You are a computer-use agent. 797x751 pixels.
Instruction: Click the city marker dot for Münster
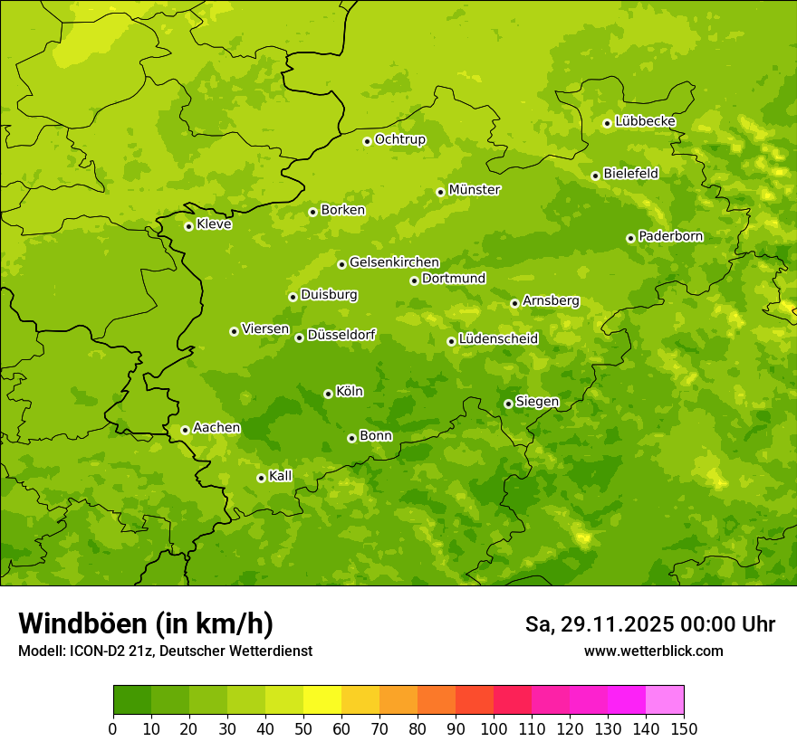pos(440,192)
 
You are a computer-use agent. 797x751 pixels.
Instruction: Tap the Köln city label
pos(350,392)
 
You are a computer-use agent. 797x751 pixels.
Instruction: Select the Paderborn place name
pos(671,236)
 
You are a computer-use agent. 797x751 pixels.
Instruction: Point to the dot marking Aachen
pos(185,430)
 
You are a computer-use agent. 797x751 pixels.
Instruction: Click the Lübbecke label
pos(646,121)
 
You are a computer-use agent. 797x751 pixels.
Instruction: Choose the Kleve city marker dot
pos(188,226)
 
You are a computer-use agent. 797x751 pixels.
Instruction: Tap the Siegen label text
pos(538,402)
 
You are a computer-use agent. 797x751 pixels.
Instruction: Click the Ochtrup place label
pos(400,139)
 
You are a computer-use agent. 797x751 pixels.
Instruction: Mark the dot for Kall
pos(261,478)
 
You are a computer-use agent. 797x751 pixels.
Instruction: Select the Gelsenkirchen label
pos(395,262)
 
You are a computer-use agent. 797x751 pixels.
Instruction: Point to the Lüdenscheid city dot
pos(451,341)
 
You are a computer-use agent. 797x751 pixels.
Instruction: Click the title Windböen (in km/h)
pos(146,623)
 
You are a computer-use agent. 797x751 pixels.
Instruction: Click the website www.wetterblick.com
pos(654,651)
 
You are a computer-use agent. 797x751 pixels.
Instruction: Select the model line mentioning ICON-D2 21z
pos(165,651)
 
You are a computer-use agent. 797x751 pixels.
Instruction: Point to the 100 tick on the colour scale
pos(494,728)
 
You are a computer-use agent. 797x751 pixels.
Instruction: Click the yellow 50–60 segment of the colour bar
pos(322,700)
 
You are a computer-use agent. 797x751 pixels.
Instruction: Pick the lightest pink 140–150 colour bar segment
pos(665,700)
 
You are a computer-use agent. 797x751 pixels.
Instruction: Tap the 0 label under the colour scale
pos(113,728)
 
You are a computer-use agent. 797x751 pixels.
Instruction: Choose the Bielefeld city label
pos(631,174)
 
